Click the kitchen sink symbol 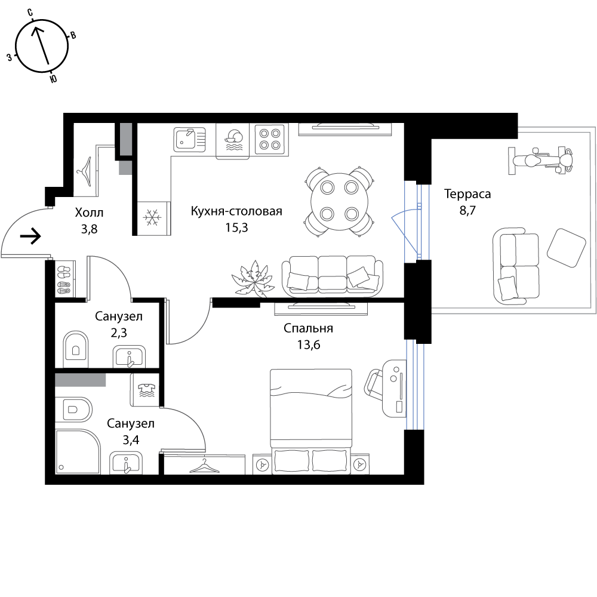tap(190, 139)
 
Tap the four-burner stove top tap(270, 139)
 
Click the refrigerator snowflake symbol tap(152, 218)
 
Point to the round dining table tap(339, 202)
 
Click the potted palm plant tap(253, 279)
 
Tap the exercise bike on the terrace tap(541, 160)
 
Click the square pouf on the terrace tap(566, 248)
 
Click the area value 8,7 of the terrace tap(467, 210)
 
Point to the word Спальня tap(309, 328)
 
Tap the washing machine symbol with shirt tap(147, 390)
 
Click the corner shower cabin tap(78, 451)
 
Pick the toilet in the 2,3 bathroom tap(76, 345)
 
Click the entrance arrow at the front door tap(30, 236)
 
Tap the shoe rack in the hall tap(64, 279)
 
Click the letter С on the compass tap(30, 12)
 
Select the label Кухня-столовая tap(236, 211)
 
